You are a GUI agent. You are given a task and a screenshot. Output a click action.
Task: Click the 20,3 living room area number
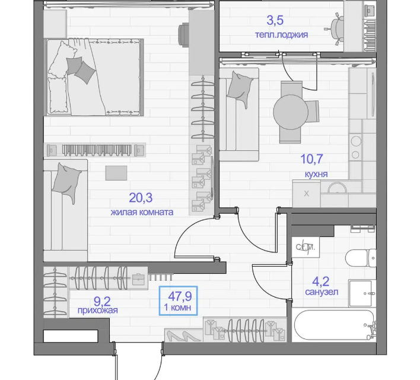pyautogui.click(x=141, y=198)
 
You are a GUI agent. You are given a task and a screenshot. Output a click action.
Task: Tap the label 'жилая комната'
pyautogui.click(x=142, y=212)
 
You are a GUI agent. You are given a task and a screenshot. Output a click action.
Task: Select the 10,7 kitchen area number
pyautogui.click(x=311, y=159)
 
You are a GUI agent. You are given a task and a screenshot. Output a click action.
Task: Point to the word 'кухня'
pyautogui.click(x=316, y=175)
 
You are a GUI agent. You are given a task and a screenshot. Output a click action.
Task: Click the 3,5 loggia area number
pyautogui.click(x=275, y=20)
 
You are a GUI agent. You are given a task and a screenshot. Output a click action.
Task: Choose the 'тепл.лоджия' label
pyautogui.click(x=282, y=34)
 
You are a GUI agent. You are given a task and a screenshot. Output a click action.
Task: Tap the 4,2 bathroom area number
pyautogui.click(x=320, y=281)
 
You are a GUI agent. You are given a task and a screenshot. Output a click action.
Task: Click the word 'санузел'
pyautogui.click(x=322, y=292)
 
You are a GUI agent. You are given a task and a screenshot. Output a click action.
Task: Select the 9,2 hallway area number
pyautogui.click(x=102, y=302)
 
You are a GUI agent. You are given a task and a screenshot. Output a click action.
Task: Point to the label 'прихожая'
pyautogui.click(x=97, y=311)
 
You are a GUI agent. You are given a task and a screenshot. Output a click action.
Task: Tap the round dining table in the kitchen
pyautogui.click(x=291, y=112)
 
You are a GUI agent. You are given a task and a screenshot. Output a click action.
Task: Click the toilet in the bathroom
pyautogui.click(x=361, y=258)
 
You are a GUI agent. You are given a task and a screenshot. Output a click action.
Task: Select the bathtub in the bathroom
pyautogui.click(x=334, y=325)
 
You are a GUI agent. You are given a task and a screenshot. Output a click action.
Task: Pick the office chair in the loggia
pyautogui.click(x=335, y=28)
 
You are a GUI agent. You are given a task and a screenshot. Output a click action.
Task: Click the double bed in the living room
pyautogui.click(x=94, y=77)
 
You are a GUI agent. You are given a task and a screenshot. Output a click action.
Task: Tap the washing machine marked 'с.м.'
pyautogui.click(x=306, y=247)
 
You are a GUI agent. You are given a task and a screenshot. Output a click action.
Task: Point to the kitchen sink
pyautogui.click(x=338, y=188)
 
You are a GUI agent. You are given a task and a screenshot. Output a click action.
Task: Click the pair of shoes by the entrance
pyautogui.click(x=183, y=335)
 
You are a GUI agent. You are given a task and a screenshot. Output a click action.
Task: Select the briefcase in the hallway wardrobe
pyautogui.click(x=138, y=279)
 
